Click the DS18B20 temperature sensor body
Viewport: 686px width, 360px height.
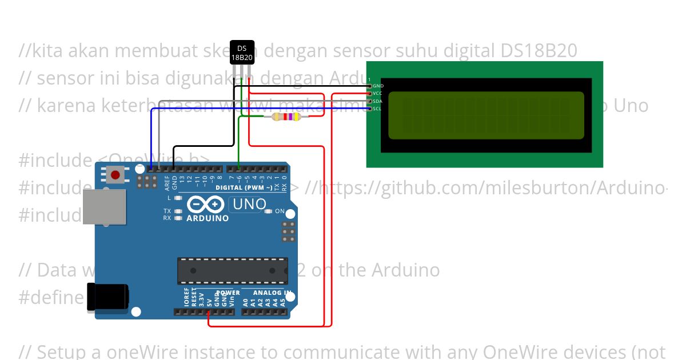[x=241, y=53]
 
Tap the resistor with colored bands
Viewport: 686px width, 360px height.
[x=288, y=117]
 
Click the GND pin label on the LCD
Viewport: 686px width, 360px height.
[x=378, y=86]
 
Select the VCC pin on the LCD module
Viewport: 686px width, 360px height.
[x=370, y=93]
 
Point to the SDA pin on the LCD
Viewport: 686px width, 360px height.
[x=370, y=101]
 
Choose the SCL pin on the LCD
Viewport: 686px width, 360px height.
[x=370, y=109]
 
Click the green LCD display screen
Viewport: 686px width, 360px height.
[x=486, y=115]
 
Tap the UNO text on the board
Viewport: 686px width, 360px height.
[x=248, y=204]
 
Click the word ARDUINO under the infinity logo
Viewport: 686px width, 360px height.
[x=208, y=218]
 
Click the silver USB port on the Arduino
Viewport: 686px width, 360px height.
[x=105, y=206]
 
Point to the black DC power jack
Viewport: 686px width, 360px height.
[x=107, y=297]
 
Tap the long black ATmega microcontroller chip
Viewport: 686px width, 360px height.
[x=232, y=270]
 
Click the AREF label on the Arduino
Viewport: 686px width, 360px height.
[x=167, y=182]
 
